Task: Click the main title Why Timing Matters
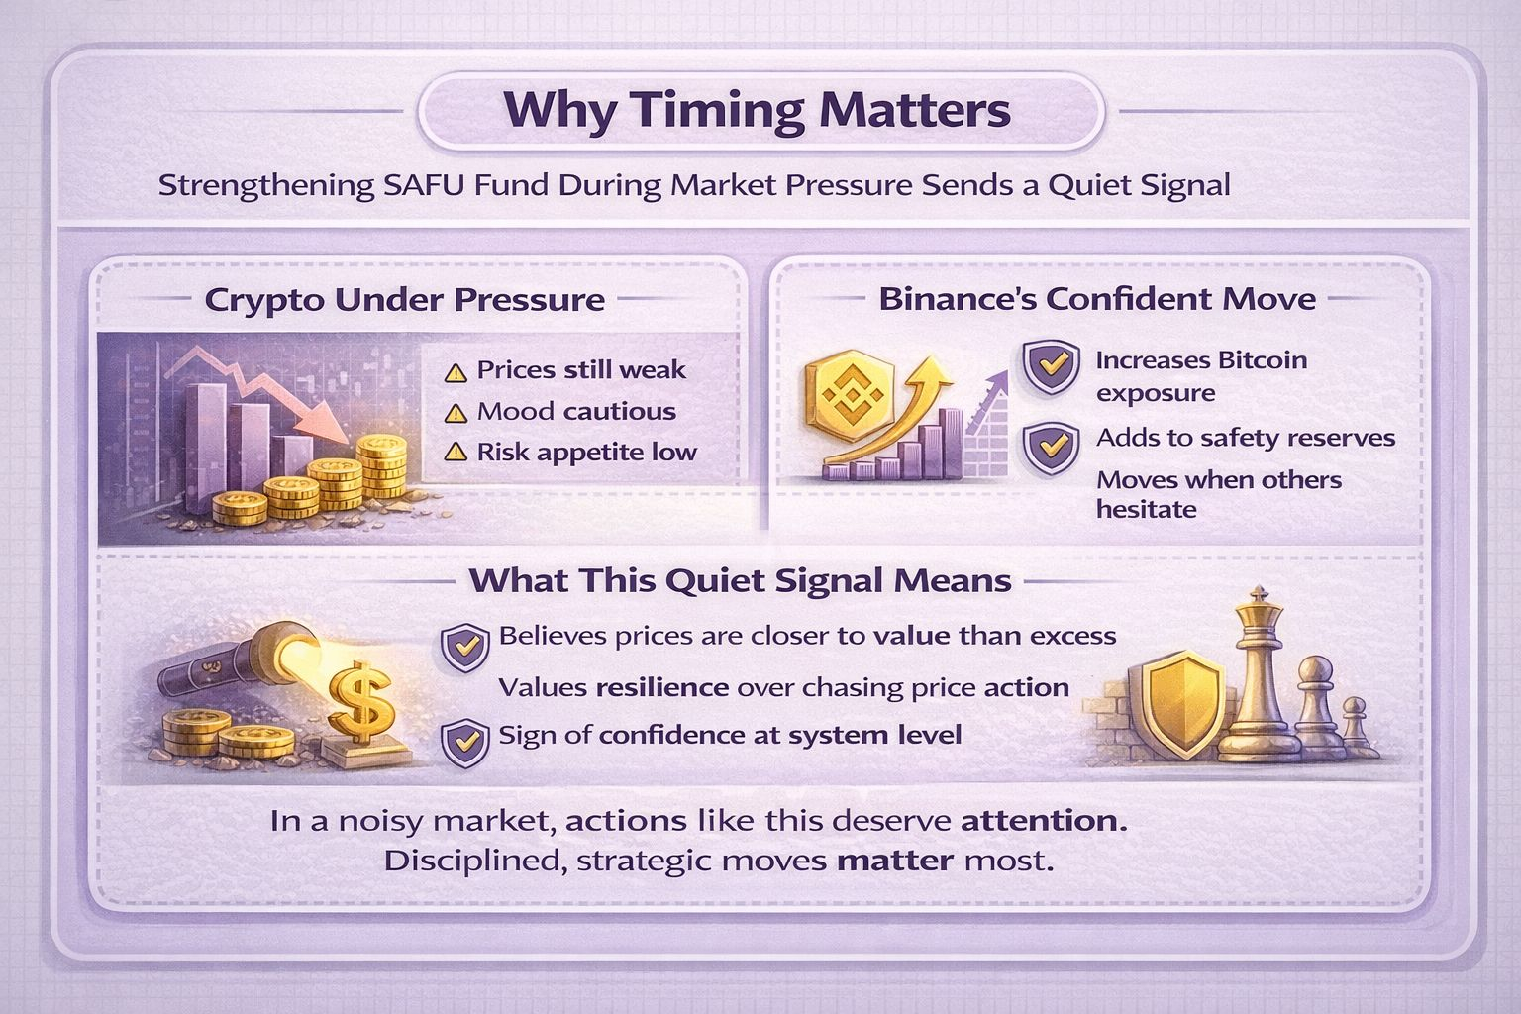[x=758, y=109]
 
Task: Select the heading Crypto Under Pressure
[x=405, y=299]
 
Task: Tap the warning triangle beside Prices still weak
[x=455, y=373]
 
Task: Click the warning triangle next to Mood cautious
[x=455, y=413]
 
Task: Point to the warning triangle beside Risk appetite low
[x=455, y=453]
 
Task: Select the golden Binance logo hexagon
[x=851, y=397]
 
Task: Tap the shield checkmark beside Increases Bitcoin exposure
[x=1051, y=366]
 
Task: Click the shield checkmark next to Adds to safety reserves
[x=1051, y=447]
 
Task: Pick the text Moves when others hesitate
[x=1219, y=494]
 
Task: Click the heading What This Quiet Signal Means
[x=740, y=580]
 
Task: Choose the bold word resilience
[x=662, y=687]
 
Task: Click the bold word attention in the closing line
[x=1044, y=821]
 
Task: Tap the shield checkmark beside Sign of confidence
[x=464, y=743]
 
